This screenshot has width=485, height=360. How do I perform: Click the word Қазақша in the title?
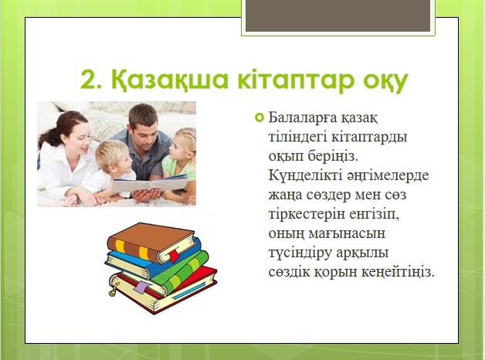pyautogui.click(x=169, y=80)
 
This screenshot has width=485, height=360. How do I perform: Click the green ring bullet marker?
pyautogui.click(x=259, y=117)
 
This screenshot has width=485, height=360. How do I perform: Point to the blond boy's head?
pyautogui.click(x=114, y=157)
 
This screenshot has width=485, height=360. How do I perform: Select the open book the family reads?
pyautogui.click(x=151, y=183)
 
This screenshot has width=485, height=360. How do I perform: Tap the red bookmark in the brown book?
pyautogui.click(x=174, y=256)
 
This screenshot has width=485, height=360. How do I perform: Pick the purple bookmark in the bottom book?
pyautogui.click(x=141, y=287)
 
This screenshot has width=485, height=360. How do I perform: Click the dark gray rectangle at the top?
pyautogui.click(x=337, y=15)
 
